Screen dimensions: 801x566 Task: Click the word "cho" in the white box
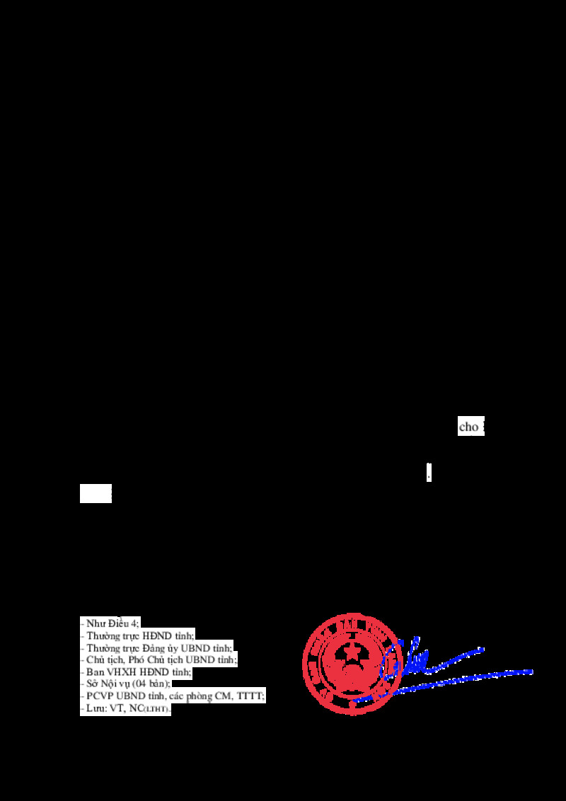(468, 427)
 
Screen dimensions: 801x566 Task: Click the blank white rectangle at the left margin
(96, 493)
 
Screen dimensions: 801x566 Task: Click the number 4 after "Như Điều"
(134, 623)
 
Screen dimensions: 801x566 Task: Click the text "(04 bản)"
(151, 684)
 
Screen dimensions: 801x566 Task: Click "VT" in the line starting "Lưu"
(116, 708)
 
